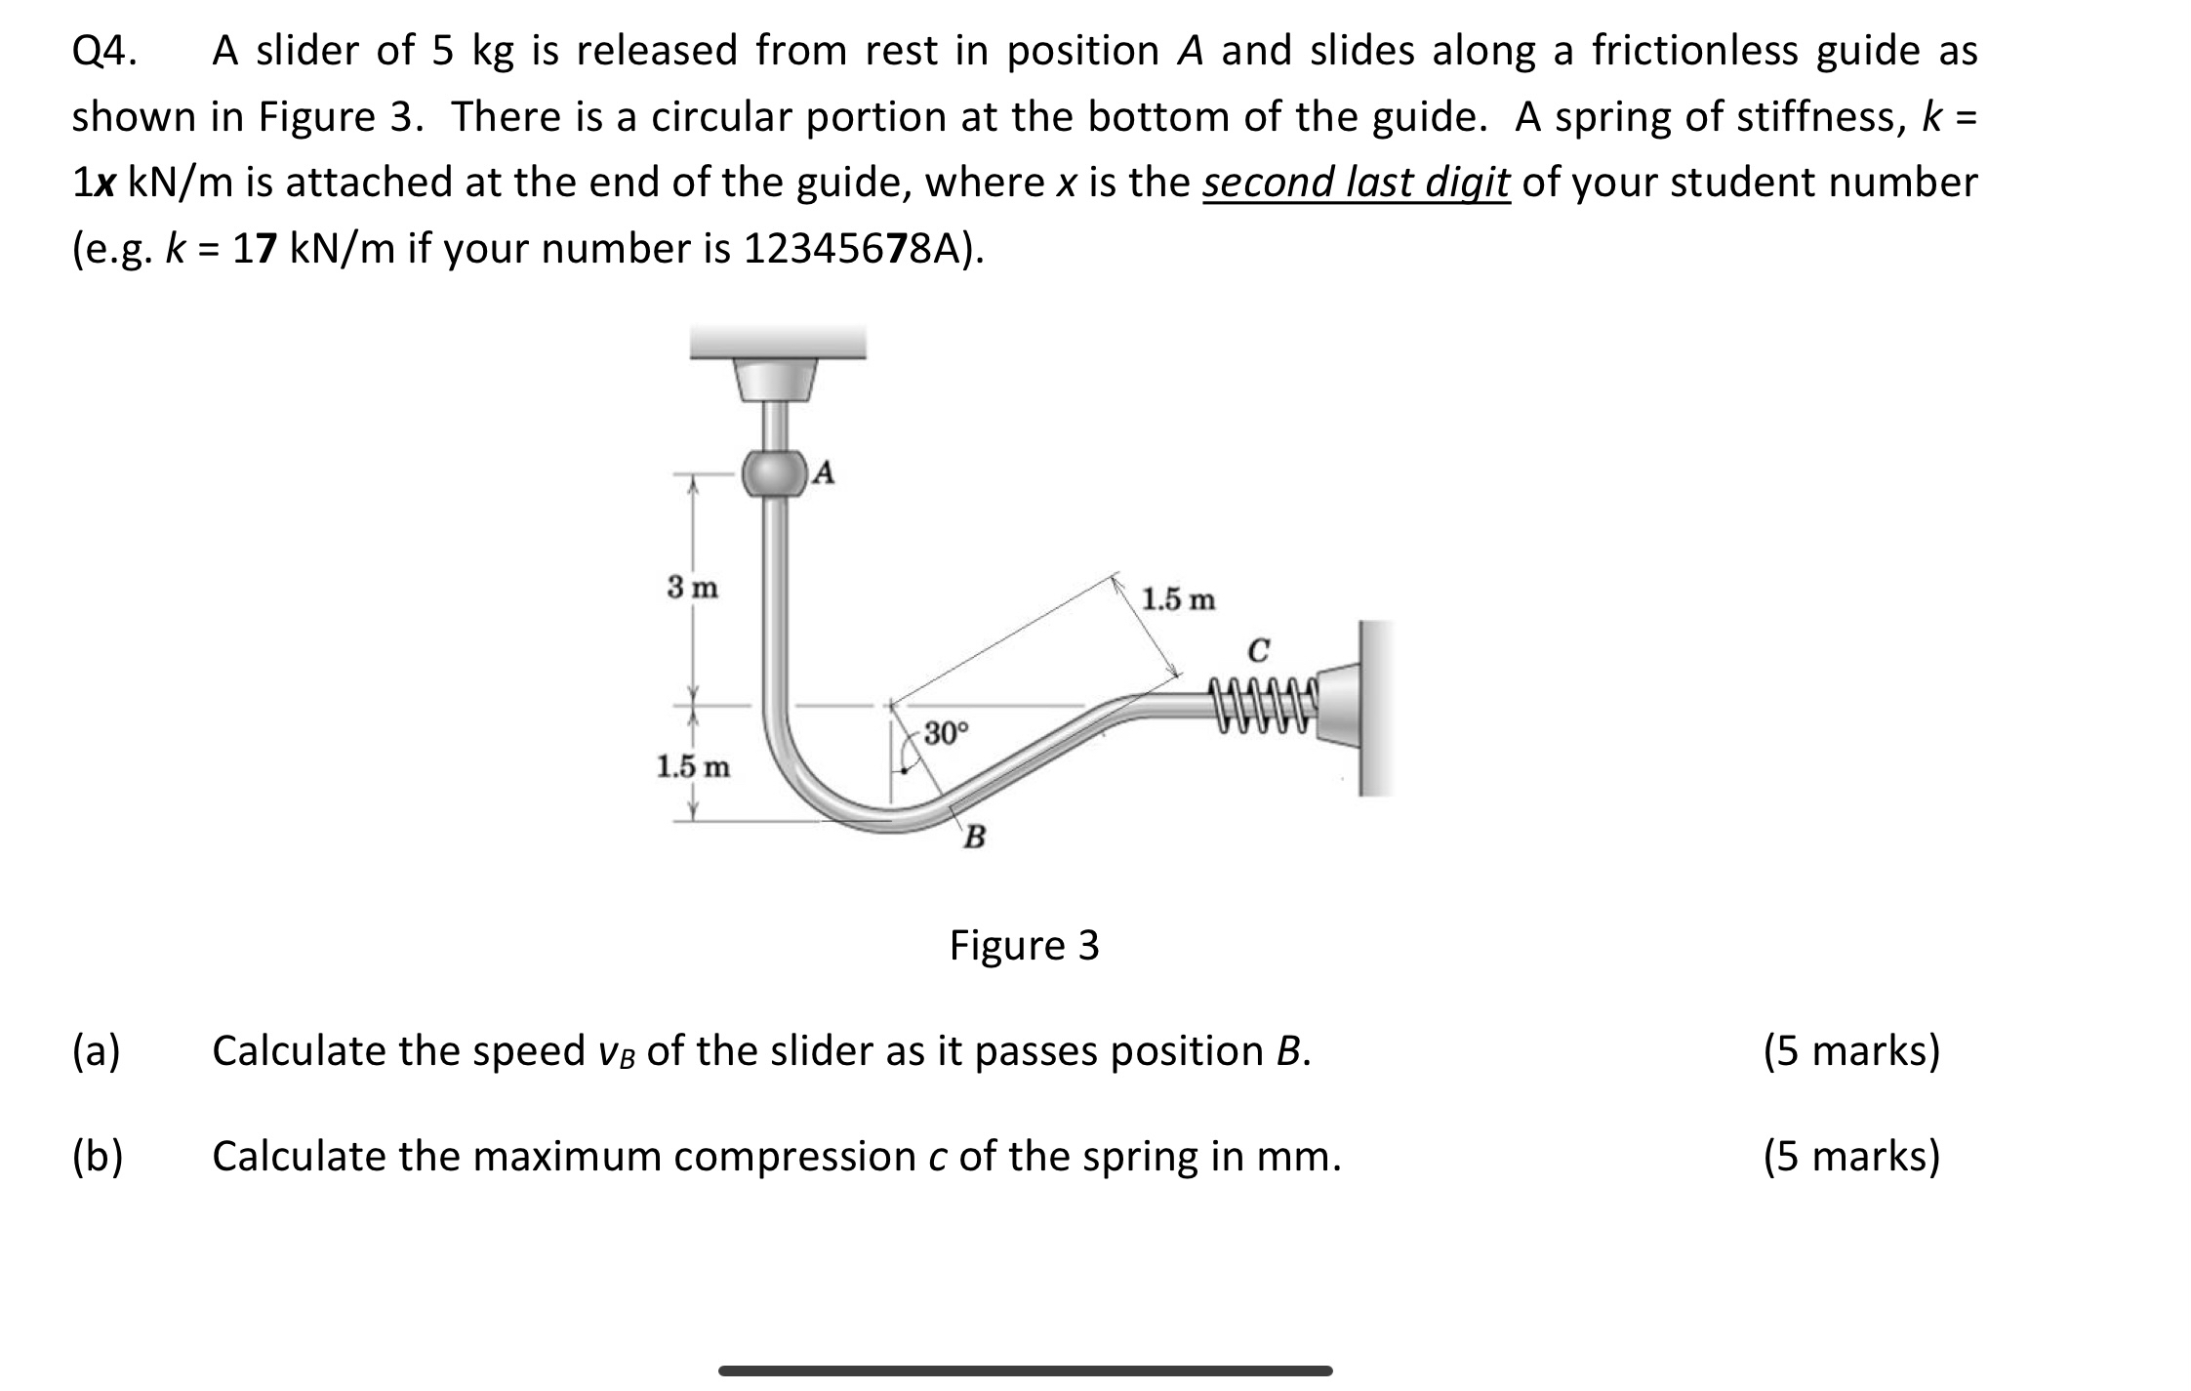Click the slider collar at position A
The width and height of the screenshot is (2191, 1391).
[775, 474]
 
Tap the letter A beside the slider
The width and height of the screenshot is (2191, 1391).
[825, 473]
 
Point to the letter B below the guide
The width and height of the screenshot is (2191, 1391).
[974, 837]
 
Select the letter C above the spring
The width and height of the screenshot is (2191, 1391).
[1259, 649]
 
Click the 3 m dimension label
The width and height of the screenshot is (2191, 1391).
[692, 588]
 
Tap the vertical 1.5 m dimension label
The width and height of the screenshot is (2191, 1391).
[692, 766]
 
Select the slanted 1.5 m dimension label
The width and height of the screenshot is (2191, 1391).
[1178, 598]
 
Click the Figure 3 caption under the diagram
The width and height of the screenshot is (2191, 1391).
[1024, 945]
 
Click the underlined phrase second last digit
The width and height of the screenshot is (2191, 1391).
[1356, 183]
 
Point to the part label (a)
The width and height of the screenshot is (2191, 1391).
[97, 1051]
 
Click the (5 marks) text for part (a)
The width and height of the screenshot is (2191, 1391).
[1851, 1051]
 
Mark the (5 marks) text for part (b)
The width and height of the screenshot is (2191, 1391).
[1851, 1157]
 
